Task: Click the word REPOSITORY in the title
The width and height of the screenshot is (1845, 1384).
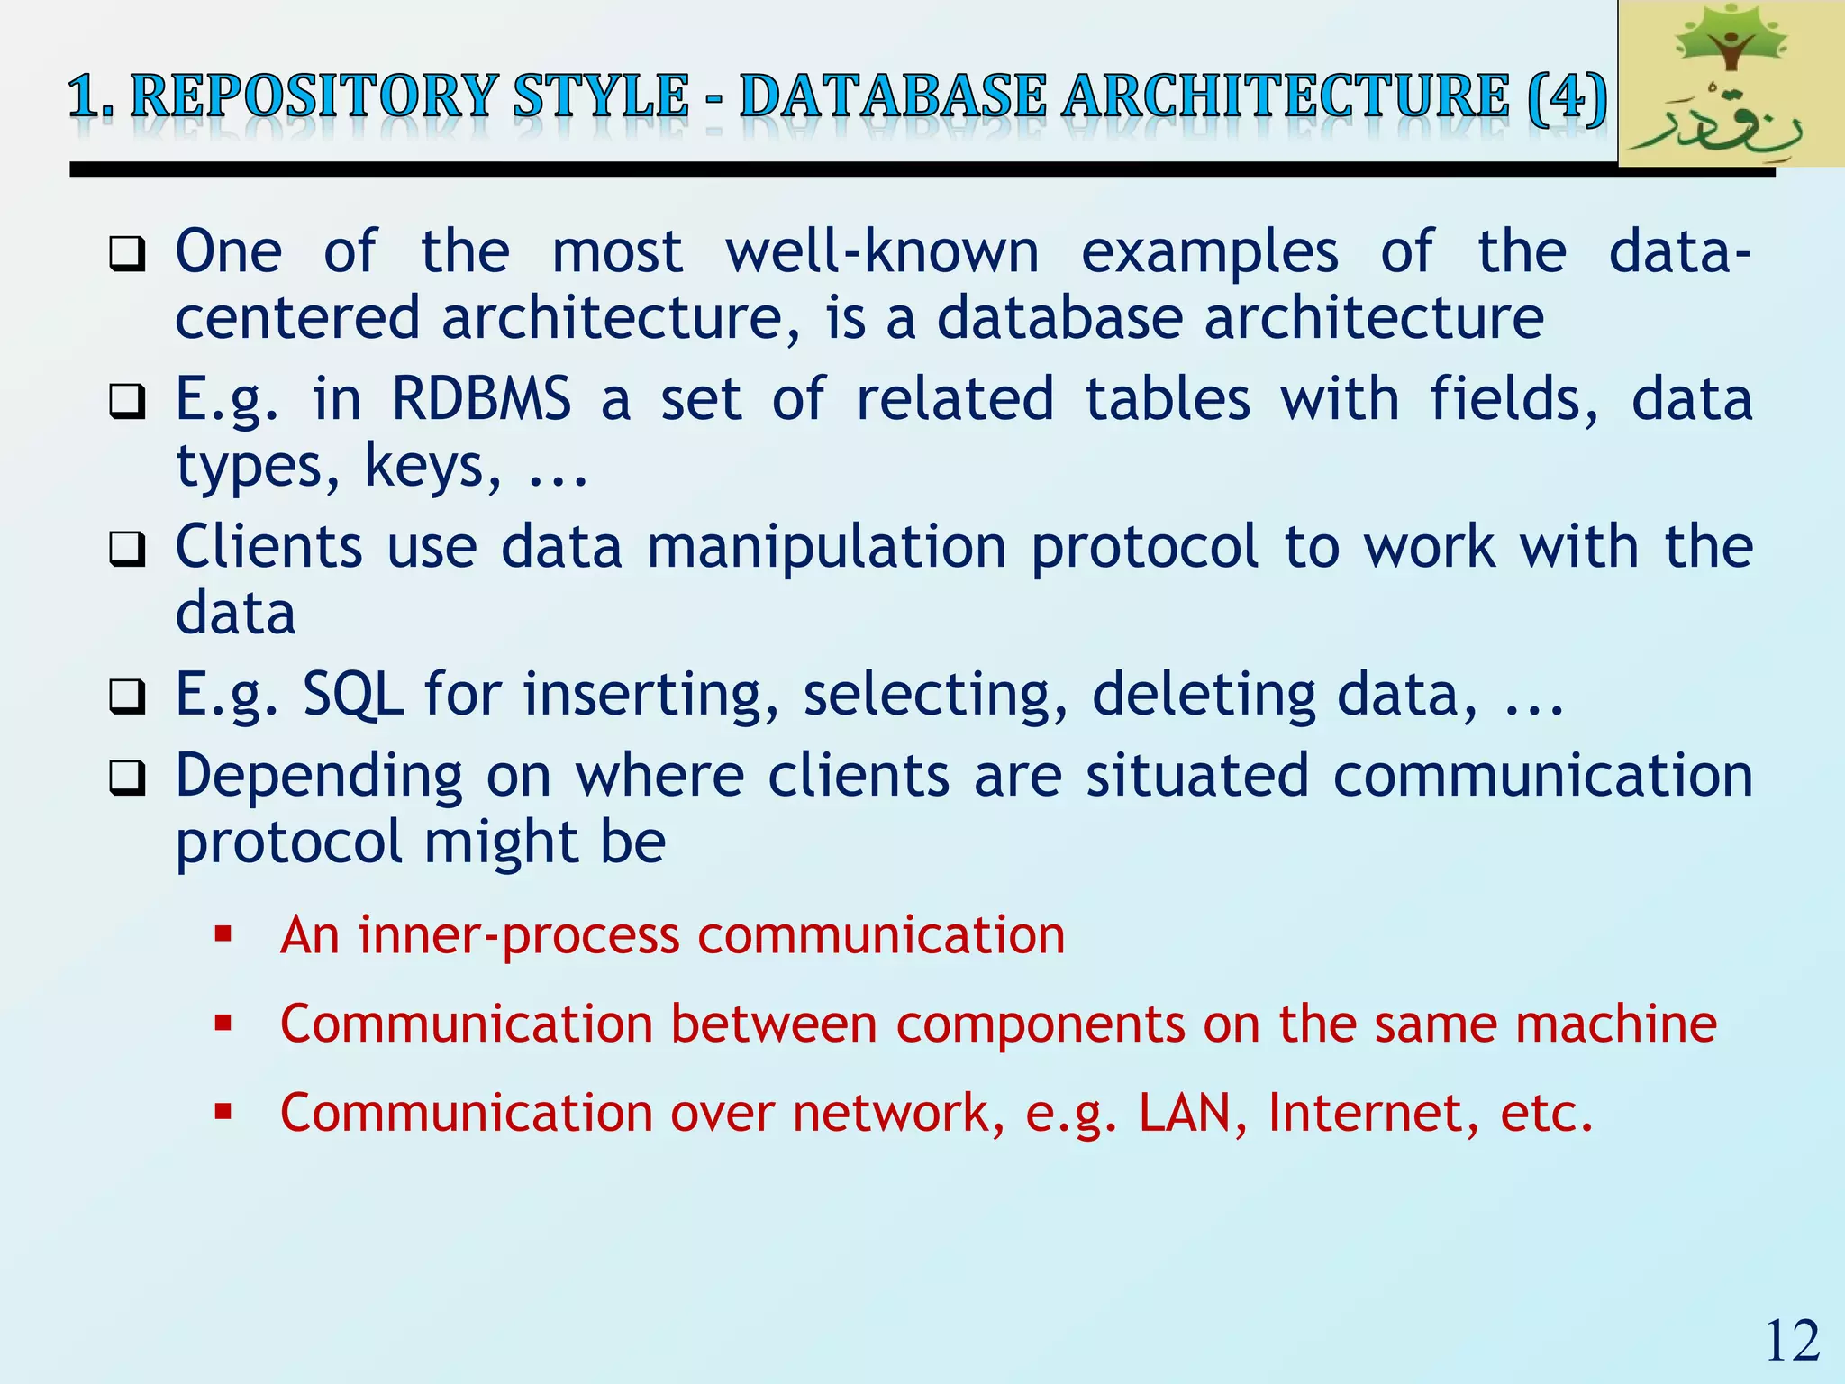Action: (x=314, y=96)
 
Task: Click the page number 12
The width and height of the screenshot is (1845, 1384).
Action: (x=1792, y=1342)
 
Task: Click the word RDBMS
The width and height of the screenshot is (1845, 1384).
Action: (x=481, y=399)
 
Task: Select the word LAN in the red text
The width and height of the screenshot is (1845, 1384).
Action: (x=1185, y=1113)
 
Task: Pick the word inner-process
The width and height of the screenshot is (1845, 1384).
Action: (x=519, y=935)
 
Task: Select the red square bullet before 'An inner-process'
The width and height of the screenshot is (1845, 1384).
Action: (x=223, y=934)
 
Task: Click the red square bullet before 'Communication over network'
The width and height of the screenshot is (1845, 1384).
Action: (x=223, y=1112)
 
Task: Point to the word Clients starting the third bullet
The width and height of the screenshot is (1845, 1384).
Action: (x=268, y=547)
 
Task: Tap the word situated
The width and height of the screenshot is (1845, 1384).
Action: (x=1196, y=776)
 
